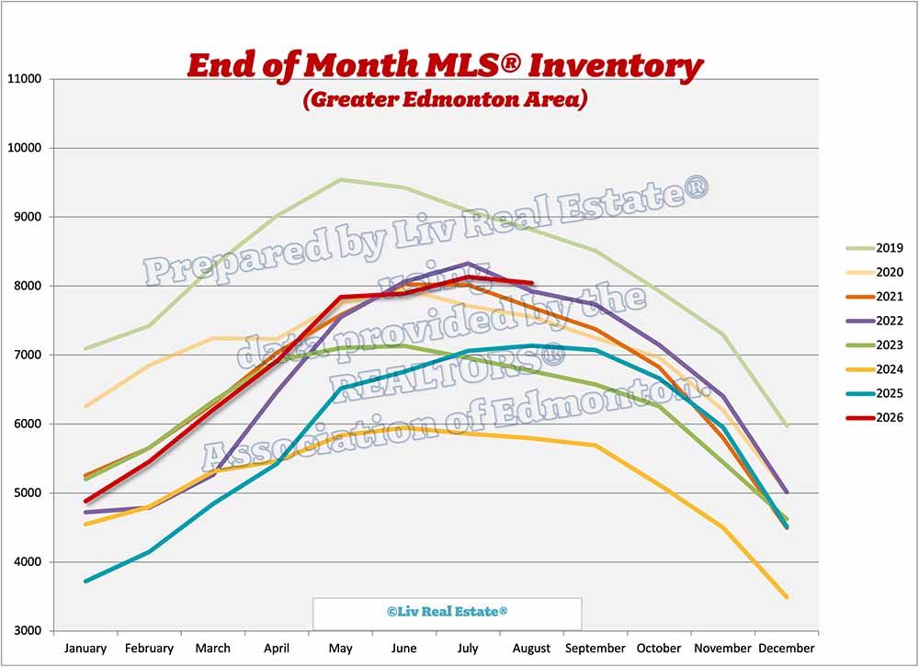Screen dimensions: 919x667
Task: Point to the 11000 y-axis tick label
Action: (x=24, y=78)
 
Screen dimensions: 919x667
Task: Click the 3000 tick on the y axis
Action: (x=28, y=631)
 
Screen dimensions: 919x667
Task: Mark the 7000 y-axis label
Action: (x=28, y=355)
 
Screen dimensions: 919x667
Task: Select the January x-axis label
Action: (x=85, y=649)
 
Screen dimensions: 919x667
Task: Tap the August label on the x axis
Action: (x=531, y=649)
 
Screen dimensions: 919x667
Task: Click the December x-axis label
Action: (x=787, y=649)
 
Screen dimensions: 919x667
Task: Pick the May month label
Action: (x=341, y=649)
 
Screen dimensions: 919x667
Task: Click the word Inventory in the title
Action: (x=616, y=65)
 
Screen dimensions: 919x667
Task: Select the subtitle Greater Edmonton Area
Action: (x=446, y=99)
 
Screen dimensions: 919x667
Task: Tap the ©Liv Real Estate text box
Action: (x=448, y=612)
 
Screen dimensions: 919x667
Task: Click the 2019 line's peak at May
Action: (x=341, y=179)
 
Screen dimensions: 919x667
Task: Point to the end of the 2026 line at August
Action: (x=531, y=282)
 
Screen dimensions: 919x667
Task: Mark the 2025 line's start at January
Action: (x=86, y=582)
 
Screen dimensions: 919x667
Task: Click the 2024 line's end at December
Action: (x=786, y=597)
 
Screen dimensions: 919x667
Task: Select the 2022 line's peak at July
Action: (x=468, y=263)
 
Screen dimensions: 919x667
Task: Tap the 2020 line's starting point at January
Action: (x=86, y=406)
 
